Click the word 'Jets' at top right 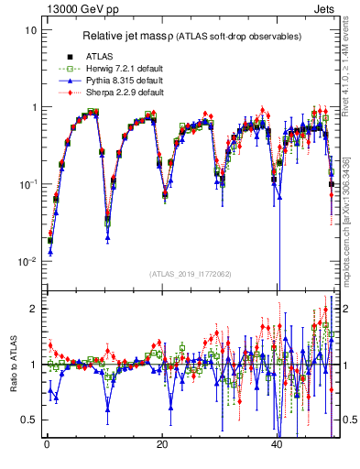pos(325,8)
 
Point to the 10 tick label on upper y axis pos(31,30)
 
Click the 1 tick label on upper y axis pos(34,107)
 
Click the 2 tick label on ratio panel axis pos(34,309)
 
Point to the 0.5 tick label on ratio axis pos(29,420)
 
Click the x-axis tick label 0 pos(47,446)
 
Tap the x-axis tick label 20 pos(161,446)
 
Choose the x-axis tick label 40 pos(277,446)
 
